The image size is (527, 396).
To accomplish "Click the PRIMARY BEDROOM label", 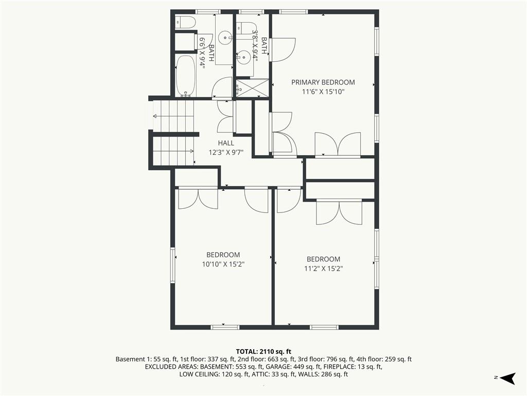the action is point(323,82).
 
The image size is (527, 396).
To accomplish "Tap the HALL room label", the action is point(226,143).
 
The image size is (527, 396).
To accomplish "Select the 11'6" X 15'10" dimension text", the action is point(323,92).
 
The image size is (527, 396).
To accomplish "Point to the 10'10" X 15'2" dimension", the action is point(223,265).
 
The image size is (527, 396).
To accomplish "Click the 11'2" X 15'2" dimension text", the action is point(323,269).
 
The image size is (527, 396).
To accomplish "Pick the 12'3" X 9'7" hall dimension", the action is point(226,153).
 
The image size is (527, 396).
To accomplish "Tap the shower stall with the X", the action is point(252,88).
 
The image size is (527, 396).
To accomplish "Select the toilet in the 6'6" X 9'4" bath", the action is point(185,22).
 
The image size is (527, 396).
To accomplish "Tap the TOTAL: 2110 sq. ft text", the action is point(263,352).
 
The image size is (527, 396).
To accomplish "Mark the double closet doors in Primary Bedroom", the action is point(338,144).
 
